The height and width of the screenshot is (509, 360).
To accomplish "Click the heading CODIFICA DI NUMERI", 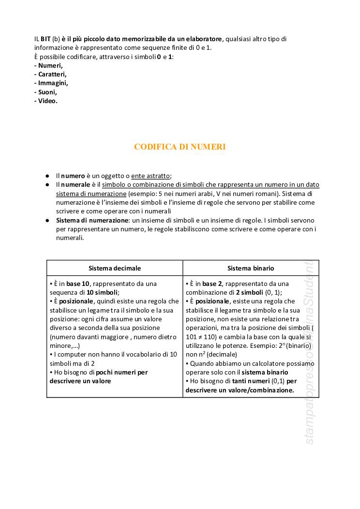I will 180,147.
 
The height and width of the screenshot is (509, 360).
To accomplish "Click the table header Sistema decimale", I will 115,268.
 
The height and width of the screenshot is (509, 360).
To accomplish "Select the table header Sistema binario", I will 251,268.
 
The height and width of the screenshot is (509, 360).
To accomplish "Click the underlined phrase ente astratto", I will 151,176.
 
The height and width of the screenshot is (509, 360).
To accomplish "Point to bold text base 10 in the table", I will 78,284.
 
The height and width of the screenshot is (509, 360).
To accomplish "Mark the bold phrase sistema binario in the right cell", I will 265,372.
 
